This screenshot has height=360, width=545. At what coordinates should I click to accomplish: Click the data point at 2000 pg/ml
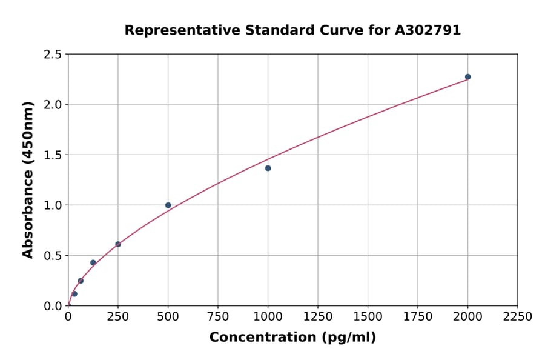point(467,77)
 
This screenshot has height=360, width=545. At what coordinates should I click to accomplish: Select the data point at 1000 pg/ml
point(268,168)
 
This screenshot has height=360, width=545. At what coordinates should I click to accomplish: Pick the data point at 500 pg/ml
point(168,205)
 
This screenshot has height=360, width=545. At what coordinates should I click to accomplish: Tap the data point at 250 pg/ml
point(118,244)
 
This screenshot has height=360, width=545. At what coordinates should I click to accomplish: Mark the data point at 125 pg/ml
point(93,262)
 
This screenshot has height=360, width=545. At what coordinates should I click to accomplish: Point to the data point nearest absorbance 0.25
point(81,281)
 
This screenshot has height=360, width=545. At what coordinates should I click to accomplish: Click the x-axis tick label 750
point(218,317)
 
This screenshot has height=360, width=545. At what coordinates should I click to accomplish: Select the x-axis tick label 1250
point(318,317)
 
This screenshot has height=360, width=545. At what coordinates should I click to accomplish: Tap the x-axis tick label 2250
point(518,317)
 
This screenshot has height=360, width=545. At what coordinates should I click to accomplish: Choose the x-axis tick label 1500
point(368,317)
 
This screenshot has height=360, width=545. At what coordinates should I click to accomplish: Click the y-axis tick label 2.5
point(53,55)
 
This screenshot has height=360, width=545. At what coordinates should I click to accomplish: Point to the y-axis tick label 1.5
point(53,155)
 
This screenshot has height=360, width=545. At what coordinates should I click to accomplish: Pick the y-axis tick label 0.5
point(53,256)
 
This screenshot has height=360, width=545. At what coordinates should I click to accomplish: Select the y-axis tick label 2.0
point(53,105)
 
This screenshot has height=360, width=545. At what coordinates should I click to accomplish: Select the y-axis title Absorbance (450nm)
point(28,179)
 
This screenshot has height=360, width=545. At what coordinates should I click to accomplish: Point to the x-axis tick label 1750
point(418,317)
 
